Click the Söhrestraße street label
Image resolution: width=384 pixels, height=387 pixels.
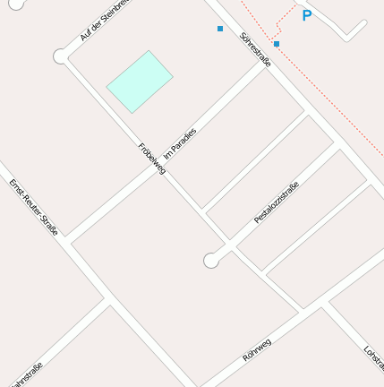[255, 49]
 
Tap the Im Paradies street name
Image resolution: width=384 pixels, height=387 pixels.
[180, 144]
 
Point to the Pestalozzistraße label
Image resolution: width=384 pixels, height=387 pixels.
[276, 202]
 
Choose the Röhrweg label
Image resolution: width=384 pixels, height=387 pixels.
[257, 349]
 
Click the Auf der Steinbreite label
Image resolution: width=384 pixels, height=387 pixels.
[106, 20]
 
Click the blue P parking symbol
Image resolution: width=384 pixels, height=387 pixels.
[307, 15]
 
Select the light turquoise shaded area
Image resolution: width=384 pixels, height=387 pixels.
[140, 82]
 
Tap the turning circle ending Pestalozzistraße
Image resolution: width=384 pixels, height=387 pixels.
[211, 261]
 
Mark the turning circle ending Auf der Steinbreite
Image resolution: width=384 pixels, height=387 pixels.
[61, 56]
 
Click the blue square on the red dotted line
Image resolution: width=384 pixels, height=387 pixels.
[277, 44]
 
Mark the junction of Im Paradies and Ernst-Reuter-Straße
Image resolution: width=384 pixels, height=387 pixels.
[68, 242]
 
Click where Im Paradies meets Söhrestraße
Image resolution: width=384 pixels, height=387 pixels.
[265, 65]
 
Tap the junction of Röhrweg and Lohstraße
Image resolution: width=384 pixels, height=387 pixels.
[324, 305]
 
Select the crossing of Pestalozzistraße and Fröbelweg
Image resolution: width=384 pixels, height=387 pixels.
[234, 244]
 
